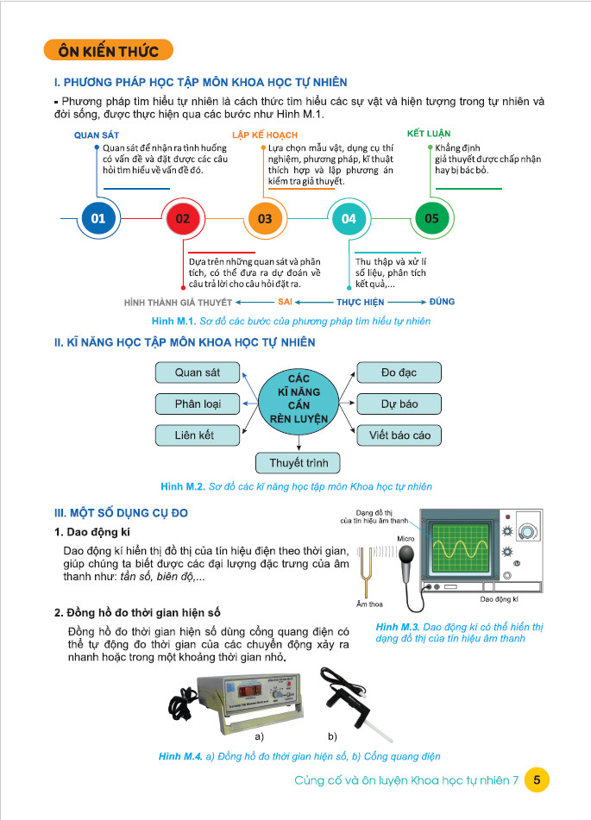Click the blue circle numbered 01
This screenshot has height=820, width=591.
tap(97, 219)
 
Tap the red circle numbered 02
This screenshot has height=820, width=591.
tap(182, 219)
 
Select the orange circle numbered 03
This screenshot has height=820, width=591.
tap(265, 219)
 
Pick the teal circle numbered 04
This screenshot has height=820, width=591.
tap(349, 219)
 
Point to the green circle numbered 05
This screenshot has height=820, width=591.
tap(432, 219)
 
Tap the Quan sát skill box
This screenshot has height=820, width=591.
tap(198, 372)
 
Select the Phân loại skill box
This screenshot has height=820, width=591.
tap(198, 404)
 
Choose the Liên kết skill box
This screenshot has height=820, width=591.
tap(198, 435)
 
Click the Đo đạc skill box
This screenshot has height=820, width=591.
tap(399, 372)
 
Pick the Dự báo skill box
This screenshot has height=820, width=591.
tap(399, 404)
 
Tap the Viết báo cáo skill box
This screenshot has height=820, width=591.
tap(399, 435)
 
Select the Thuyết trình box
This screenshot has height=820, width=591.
tap(299, 463)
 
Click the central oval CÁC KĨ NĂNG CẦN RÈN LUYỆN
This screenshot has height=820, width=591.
tap(299, 399)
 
